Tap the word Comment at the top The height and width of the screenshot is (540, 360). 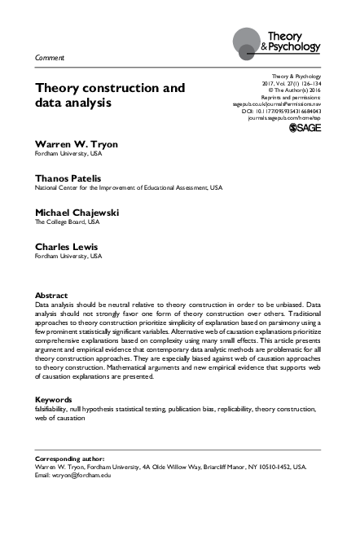tap(50, 58)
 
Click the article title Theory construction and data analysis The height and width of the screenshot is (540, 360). tap(109, 95)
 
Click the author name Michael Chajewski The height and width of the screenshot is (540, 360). tap(77, 212)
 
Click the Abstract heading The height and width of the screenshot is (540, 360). tap(52, 294)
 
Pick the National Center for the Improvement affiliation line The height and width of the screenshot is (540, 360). tap(128, 187)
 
